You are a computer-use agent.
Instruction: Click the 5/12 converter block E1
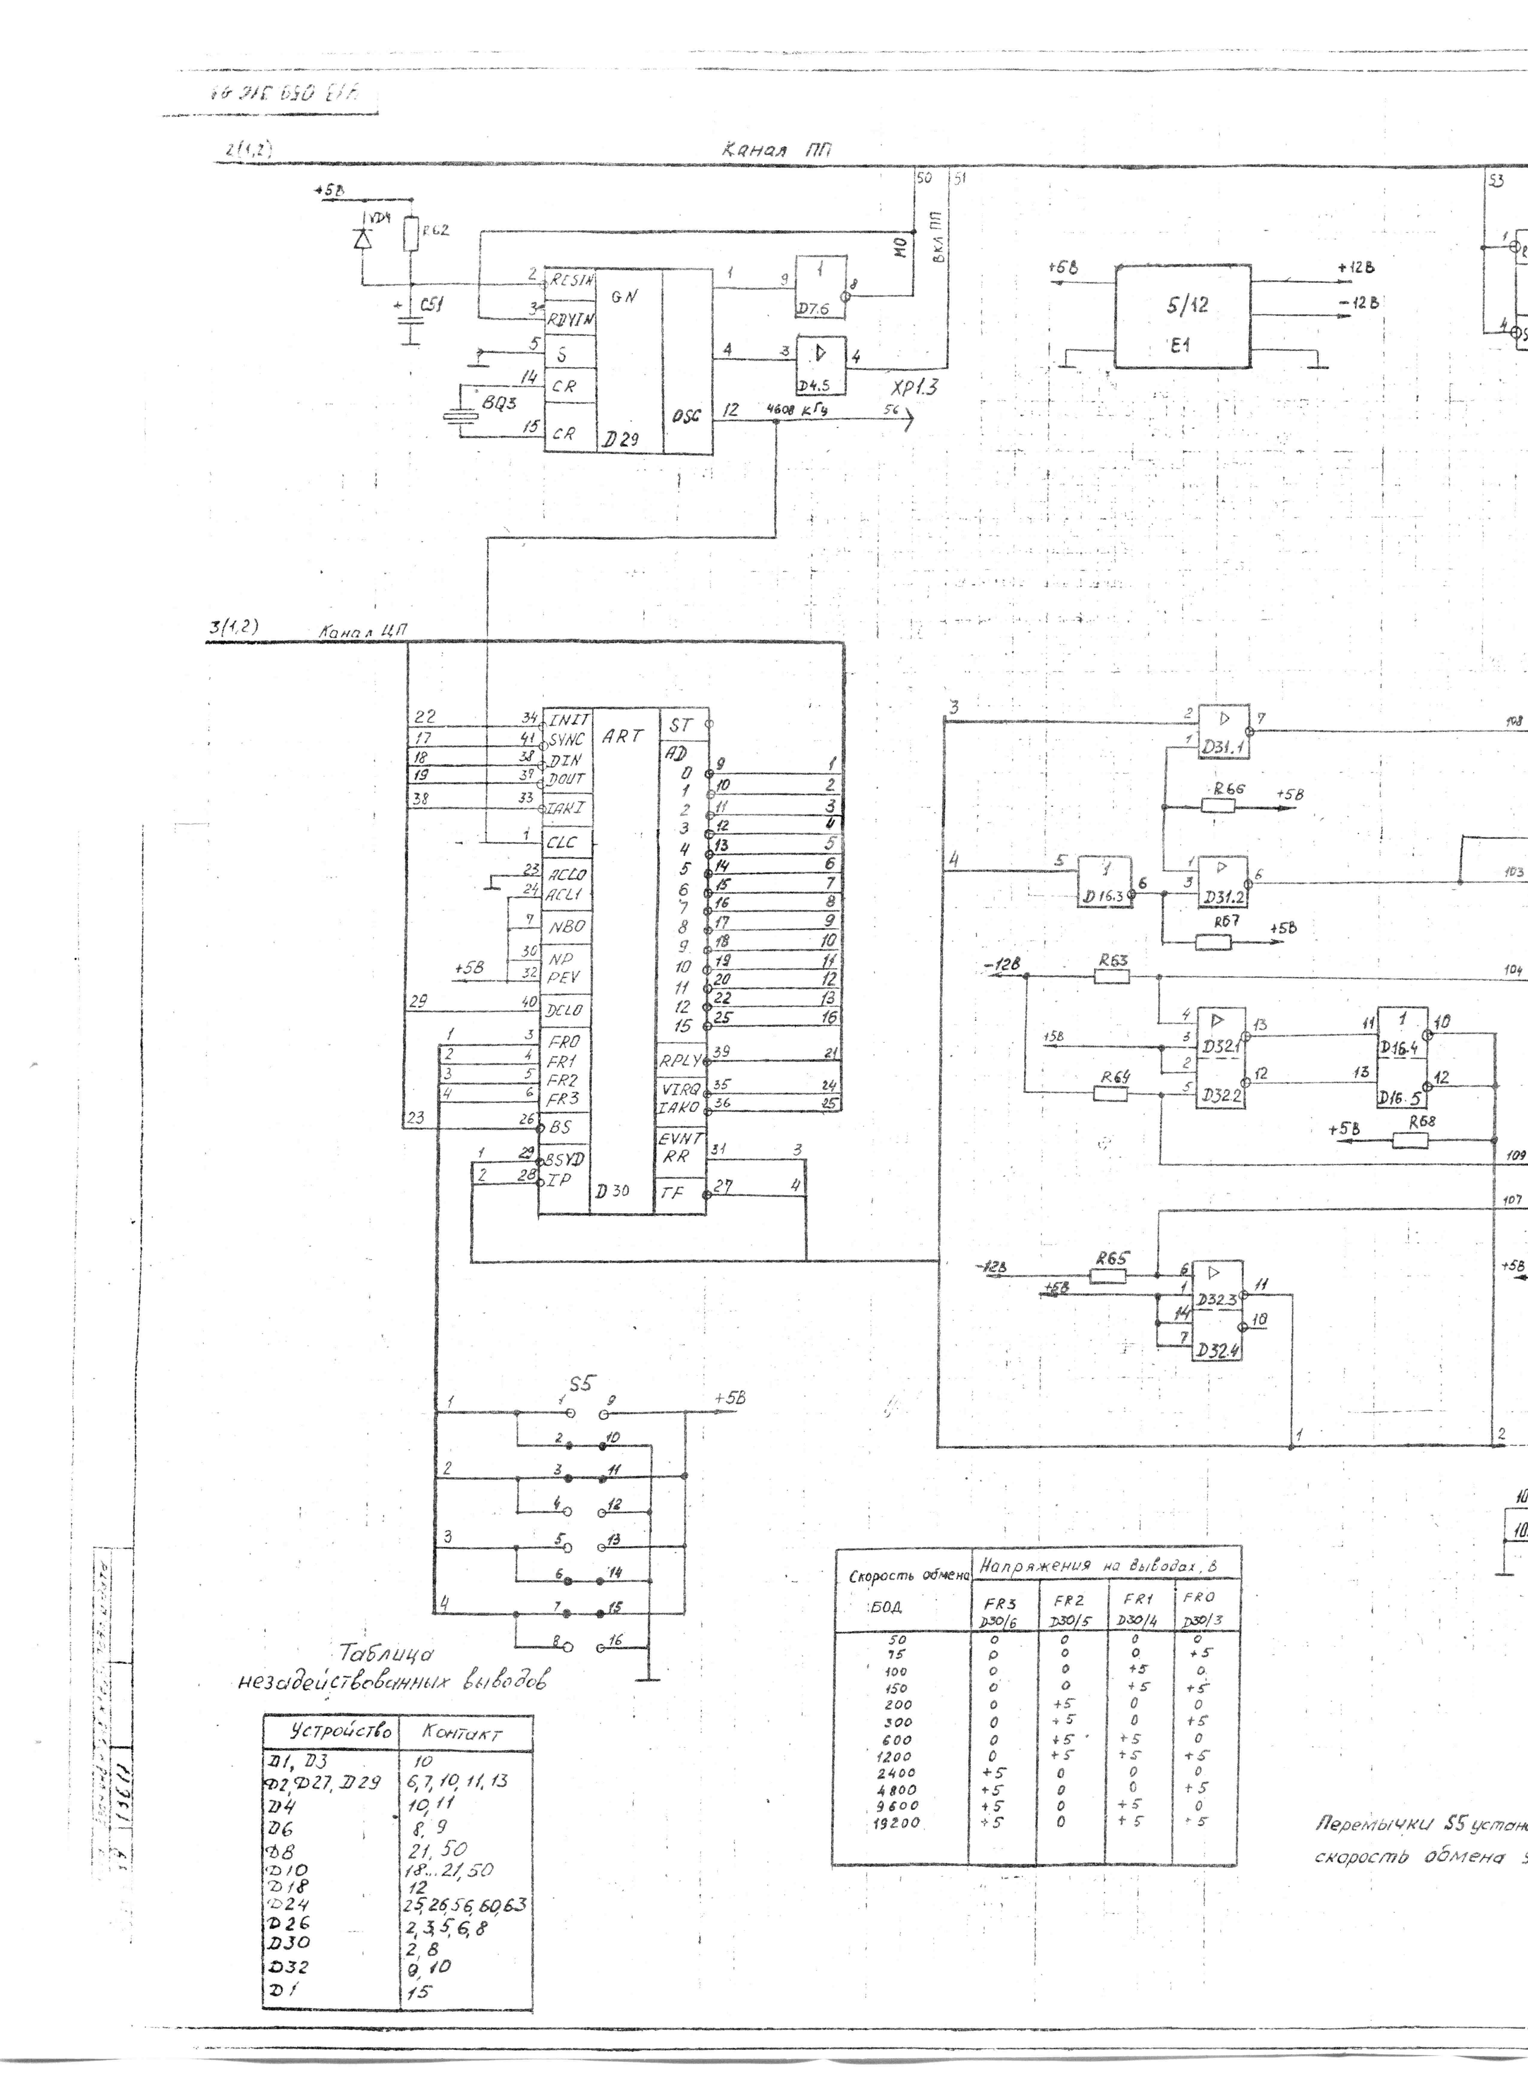[1182, 316]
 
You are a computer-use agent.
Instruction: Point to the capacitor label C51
[430, 303]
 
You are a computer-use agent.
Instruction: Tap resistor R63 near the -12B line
[1111, 975]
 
